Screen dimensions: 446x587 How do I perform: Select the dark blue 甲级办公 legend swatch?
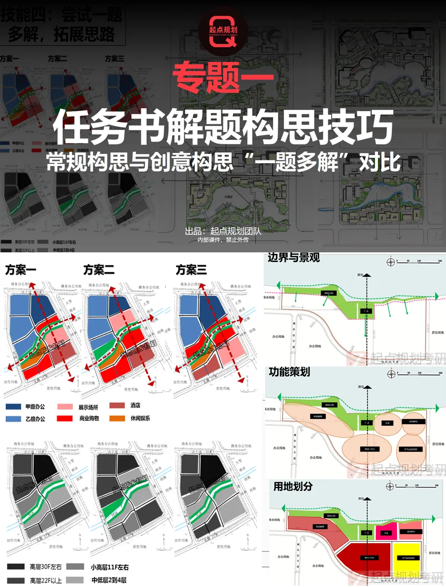(13, 407)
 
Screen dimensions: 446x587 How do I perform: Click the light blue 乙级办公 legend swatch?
(13, 419)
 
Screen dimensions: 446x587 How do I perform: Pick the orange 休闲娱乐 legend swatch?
(117, 418)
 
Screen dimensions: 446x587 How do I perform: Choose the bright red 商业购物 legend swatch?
(65, 418)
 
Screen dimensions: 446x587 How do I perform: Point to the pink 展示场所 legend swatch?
(65, 407)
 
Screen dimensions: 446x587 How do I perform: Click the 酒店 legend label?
(135, 405)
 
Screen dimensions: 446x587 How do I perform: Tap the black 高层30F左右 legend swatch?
(16, 567)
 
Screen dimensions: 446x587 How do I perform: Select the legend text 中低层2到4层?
(109, 580)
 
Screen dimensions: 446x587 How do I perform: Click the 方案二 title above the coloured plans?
(99, 269)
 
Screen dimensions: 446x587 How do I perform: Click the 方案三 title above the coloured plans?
(191, 269)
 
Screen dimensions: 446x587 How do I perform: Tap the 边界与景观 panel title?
(293, 258)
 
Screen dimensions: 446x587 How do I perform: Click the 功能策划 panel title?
(289, 372)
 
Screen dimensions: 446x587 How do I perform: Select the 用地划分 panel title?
(293, 486)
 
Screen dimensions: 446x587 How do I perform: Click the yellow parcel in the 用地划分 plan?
(407, 557)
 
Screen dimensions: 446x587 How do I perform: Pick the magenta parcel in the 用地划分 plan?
(386, 532)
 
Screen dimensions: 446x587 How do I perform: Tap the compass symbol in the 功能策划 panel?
(391, 374)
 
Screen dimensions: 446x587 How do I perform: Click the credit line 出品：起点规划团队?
(223, 231)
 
